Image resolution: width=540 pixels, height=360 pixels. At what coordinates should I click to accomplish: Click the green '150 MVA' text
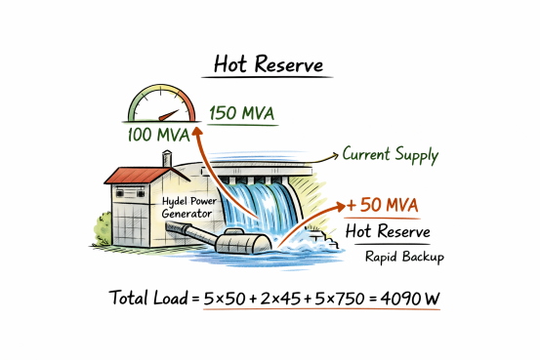point(241,113)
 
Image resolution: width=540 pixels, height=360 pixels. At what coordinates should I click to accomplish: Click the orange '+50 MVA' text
point(384,206)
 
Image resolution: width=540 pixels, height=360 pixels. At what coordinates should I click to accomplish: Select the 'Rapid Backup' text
point(405,258)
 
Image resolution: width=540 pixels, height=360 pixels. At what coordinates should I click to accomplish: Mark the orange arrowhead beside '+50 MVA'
point(346,206)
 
